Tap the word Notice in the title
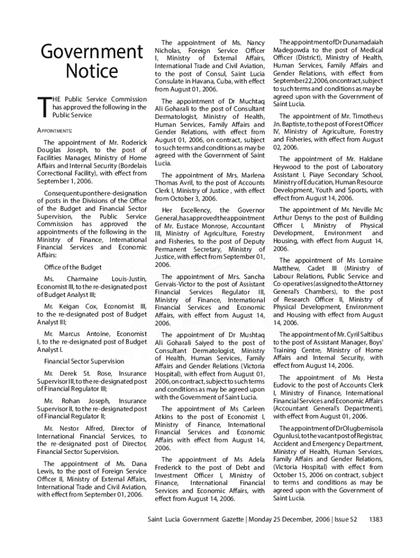tap(92, 71)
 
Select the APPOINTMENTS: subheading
tap(55, 131)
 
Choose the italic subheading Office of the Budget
tap(73, 267)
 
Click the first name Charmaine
tap(82, 279)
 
